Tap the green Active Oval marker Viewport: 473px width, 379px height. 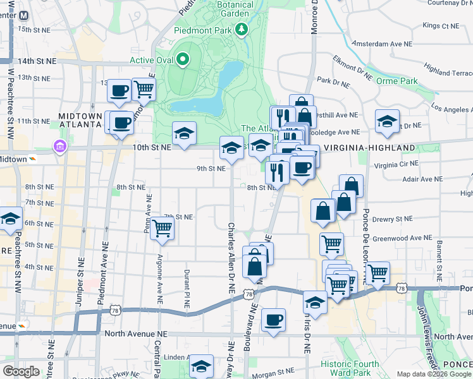pos(183,61)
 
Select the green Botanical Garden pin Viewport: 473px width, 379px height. pos(241,29)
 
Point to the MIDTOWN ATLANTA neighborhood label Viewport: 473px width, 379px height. pos(80,120)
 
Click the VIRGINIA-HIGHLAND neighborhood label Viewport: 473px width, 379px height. pos(369,148)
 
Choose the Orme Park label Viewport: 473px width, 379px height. pos(396,81)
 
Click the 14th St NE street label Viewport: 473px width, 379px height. pos(37,61)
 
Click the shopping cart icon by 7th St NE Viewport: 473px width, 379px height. pos(163,229)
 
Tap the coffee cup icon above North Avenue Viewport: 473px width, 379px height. pos(273,320)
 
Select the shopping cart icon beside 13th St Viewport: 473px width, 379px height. pos(144,89)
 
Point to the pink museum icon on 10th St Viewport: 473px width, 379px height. pos(60,147)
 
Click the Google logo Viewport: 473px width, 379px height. pos(21,371)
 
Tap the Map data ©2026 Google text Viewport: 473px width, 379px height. pos(433,374)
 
